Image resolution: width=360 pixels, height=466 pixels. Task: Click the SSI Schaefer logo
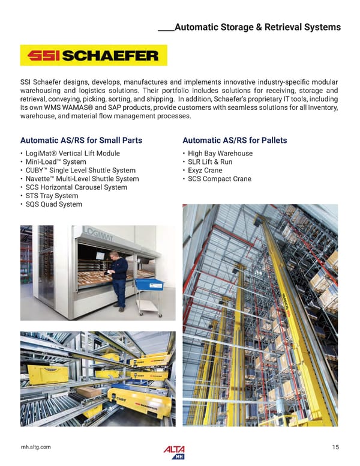click(x=93, y=56)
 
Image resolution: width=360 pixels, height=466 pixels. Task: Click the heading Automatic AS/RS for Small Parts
click(x=81, y=141)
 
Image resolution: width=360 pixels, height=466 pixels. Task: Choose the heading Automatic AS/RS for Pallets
click(x=235, y=141)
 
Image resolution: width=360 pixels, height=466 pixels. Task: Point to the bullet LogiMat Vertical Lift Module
click(x=72, y=154)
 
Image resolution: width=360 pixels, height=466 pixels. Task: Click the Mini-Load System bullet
click(x=55, y=162)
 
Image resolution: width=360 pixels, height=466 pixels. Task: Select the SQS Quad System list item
click(x=53, y=204)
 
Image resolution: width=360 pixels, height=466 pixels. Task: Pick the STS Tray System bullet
click(x=51, y=196)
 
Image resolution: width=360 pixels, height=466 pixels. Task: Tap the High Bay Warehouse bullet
click(x=220, y=154)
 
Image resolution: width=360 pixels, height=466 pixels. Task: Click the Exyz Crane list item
click(x=205, y=171)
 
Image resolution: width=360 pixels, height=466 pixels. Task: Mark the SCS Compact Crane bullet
click(x=219, y=179)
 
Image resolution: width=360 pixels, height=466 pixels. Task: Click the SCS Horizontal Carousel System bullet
click(x=76, y=187)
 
